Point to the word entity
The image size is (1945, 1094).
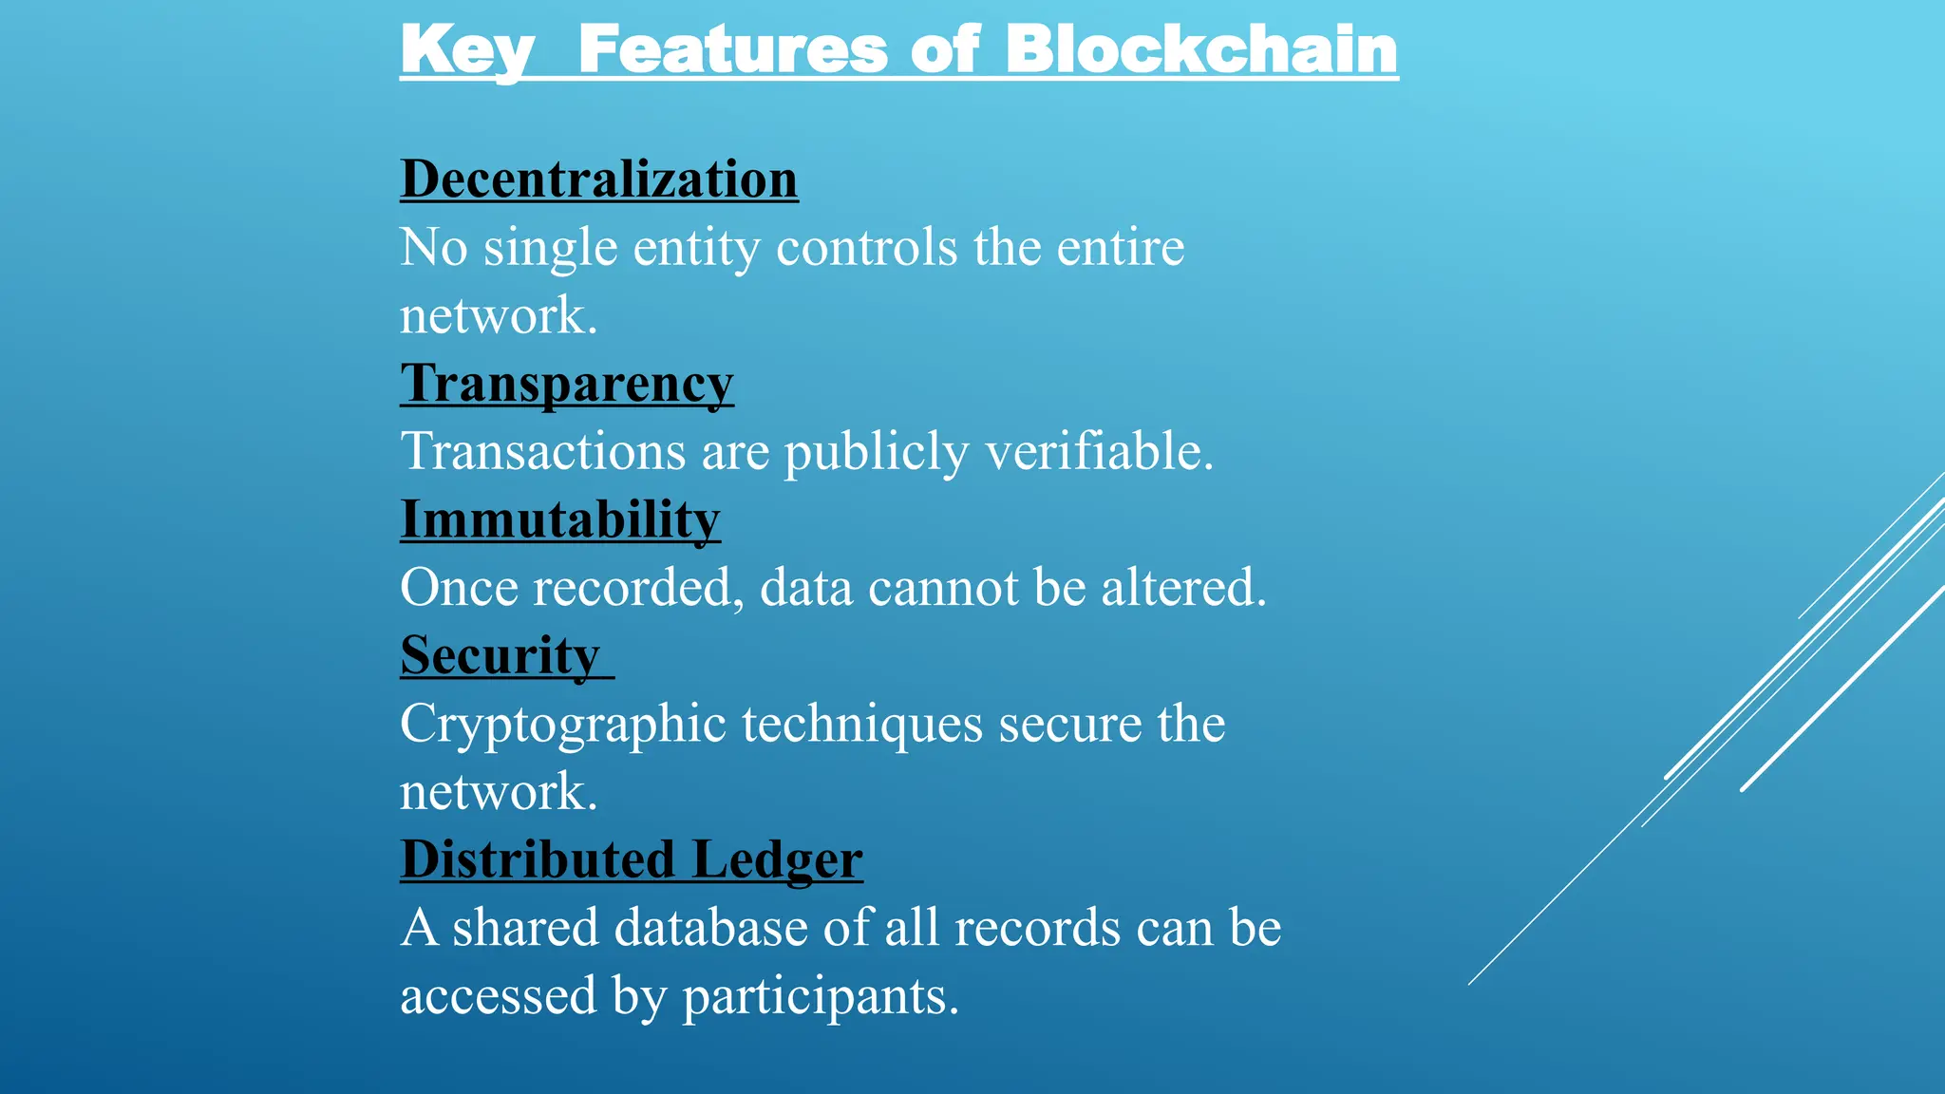(x=696, y=249)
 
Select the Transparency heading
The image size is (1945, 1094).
(x=567, y=385)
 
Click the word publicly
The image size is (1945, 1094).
(x=876, y=452)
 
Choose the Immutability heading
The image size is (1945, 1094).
(x=560, y=520)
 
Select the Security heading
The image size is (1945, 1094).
(x=500, y=656)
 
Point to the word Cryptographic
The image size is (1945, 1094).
(x=563, y=726)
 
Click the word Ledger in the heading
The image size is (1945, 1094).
(x=777, y=860)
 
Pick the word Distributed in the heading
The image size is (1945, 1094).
(x=538, y=859)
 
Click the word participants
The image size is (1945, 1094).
(x=821, y=997)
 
